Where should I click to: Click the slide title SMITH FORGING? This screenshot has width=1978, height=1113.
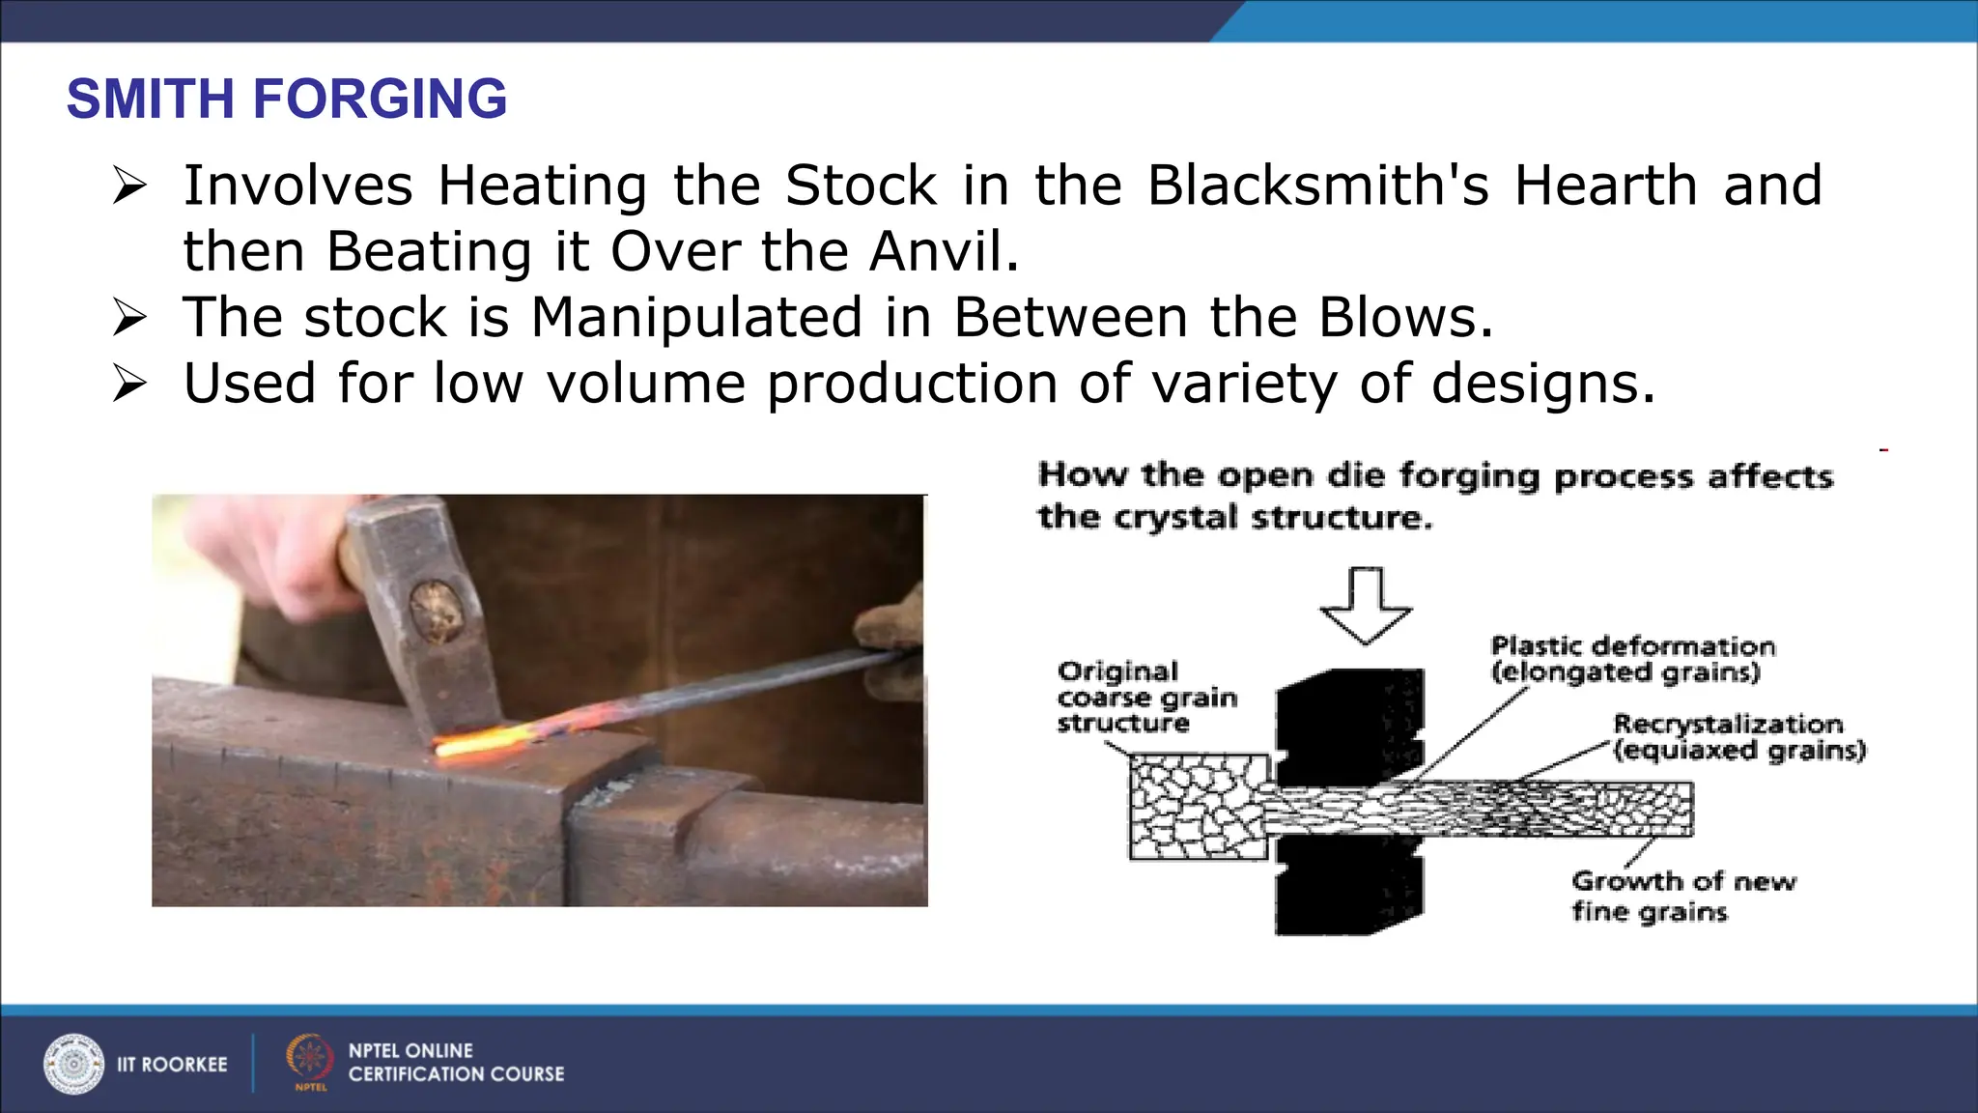[x=286, y=99]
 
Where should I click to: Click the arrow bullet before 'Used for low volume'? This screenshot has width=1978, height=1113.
[x=129, y=384]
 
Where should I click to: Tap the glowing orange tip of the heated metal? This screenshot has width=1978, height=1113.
[x=473, y=743]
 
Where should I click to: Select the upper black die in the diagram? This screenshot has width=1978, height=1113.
[x=1350, y=725]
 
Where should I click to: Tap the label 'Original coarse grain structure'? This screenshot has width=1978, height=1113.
[x=1146, y=697]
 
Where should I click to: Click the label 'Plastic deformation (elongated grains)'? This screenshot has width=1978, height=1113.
[x=1632, y=659]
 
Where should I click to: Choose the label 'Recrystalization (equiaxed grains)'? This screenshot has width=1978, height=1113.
[x=1738, y=737]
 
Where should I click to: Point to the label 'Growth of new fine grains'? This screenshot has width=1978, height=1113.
[x=1682, y=896]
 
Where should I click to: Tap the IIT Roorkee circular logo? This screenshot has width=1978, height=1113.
[x=73, y=1064]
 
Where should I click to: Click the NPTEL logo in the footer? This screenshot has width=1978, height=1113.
[x=309, y=1061]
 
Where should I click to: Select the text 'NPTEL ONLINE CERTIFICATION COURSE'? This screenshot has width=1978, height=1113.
[x=456, y=1062]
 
